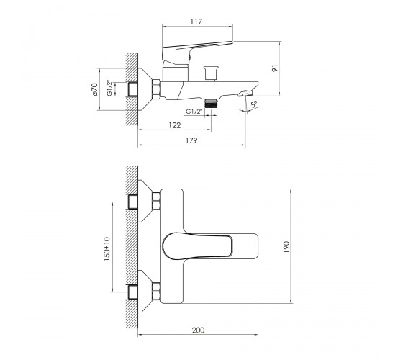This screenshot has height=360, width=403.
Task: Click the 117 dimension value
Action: [196, 22]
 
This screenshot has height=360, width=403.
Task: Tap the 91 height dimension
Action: [275, 68]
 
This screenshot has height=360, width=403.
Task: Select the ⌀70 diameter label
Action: [95, 89]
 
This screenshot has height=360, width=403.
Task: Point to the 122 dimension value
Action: [175, 125]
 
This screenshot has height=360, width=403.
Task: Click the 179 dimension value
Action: [191, 140]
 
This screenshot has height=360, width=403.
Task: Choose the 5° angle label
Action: [254, 104]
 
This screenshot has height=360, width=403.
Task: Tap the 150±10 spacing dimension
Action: [107, 249]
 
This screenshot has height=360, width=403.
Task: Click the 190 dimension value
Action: [286, 247]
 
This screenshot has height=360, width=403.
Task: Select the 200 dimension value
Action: [199, 330]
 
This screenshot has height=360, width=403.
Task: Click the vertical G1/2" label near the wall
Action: [109, 88]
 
